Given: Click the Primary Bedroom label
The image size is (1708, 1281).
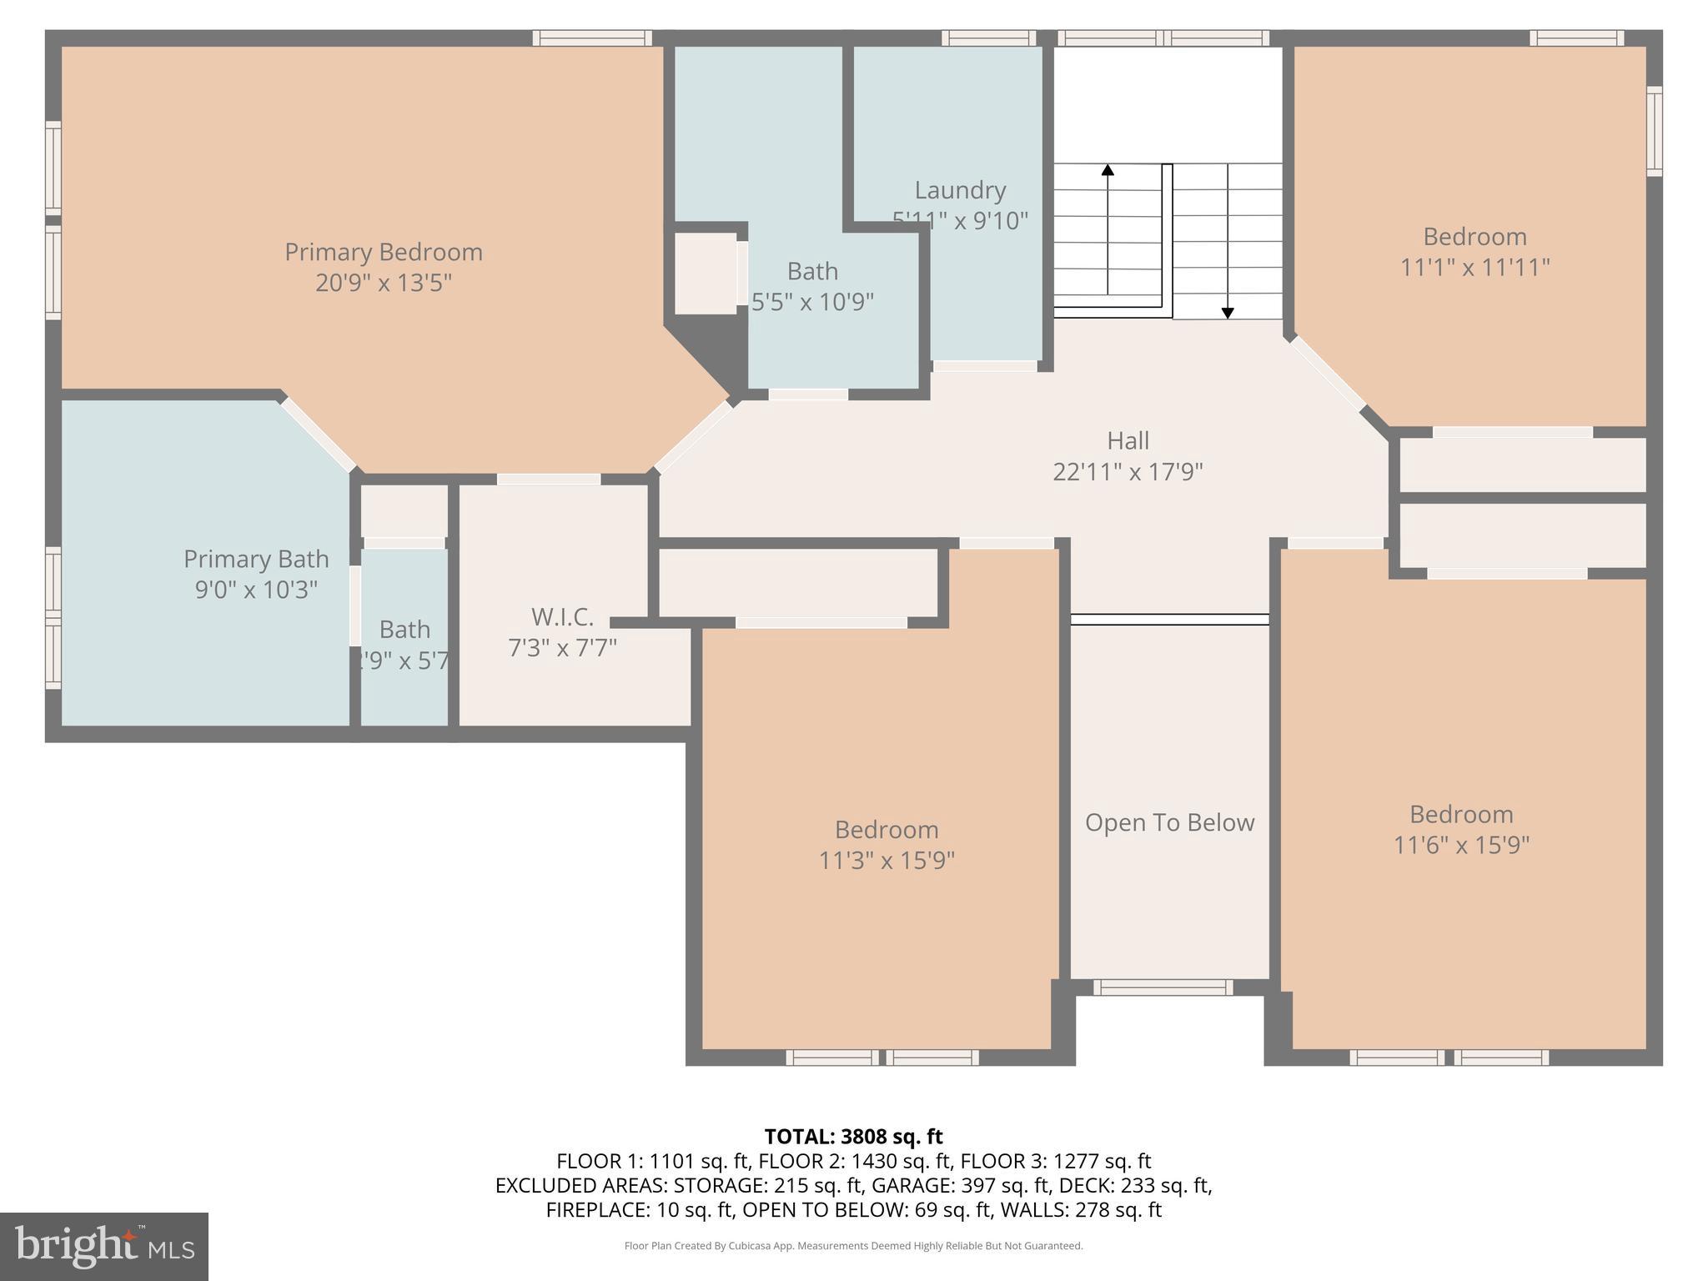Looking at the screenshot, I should coord(384,252).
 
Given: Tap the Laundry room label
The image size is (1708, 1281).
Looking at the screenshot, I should coord(960,190).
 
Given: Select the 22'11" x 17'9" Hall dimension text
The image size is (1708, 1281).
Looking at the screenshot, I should coord(1128,472).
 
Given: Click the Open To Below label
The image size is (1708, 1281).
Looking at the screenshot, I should coord(1169,822).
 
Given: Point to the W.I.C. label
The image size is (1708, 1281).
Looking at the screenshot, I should coord(563,617).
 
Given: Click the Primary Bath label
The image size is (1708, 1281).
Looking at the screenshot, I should coord(256,559).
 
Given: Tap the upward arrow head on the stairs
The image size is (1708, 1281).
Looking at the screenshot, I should coord(1108,170).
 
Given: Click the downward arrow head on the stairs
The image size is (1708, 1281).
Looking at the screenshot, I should coord(1228,314).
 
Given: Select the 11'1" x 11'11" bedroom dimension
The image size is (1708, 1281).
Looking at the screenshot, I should coord(1474,268).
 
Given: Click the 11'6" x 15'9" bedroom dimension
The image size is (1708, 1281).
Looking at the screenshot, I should coord(1461,845).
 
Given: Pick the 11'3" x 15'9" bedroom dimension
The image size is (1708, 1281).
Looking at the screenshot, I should coord(887,860).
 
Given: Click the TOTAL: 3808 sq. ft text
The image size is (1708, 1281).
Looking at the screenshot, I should coord(853,1137).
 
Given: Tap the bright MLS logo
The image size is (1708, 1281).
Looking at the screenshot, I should coord(104,1247).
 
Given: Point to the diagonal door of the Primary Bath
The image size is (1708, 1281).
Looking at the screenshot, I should coord(318,435).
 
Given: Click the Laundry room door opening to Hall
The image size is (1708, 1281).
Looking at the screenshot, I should coord(985,366).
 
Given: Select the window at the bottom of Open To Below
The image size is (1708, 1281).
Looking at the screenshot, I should coord(1163,987).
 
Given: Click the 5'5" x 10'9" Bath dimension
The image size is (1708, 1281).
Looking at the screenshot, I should coord(812,302).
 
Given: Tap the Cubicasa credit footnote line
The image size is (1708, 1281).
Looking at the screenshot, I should coord(853,1246).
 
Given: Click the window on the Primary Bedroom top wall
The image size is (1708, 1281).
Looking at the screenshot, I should coord(592,38).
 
